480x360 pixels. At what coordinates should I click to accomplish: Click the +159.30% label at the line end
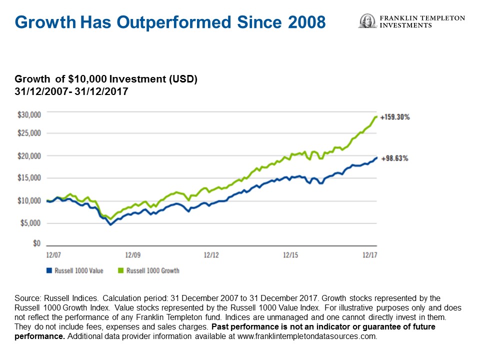[395, 117]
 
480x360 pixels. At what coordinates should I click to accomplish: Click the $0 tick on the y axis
[36, 243]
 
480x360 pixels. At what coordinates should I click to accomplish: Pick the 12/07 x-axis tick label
[53, 255]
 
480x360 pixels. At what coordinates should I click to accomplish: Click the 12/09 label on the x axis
[132, 255]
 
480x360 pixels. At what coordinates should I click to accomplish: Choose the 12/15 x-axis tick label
[290, 255]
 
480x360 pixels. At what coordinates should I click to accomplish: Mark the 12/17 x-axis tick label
[369, 255]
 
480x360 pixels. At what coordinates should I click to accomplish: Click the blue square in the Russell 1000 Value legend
[49, 270]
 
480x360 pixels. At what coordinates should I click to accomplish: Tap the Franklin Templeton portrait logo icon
[367, 21]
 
